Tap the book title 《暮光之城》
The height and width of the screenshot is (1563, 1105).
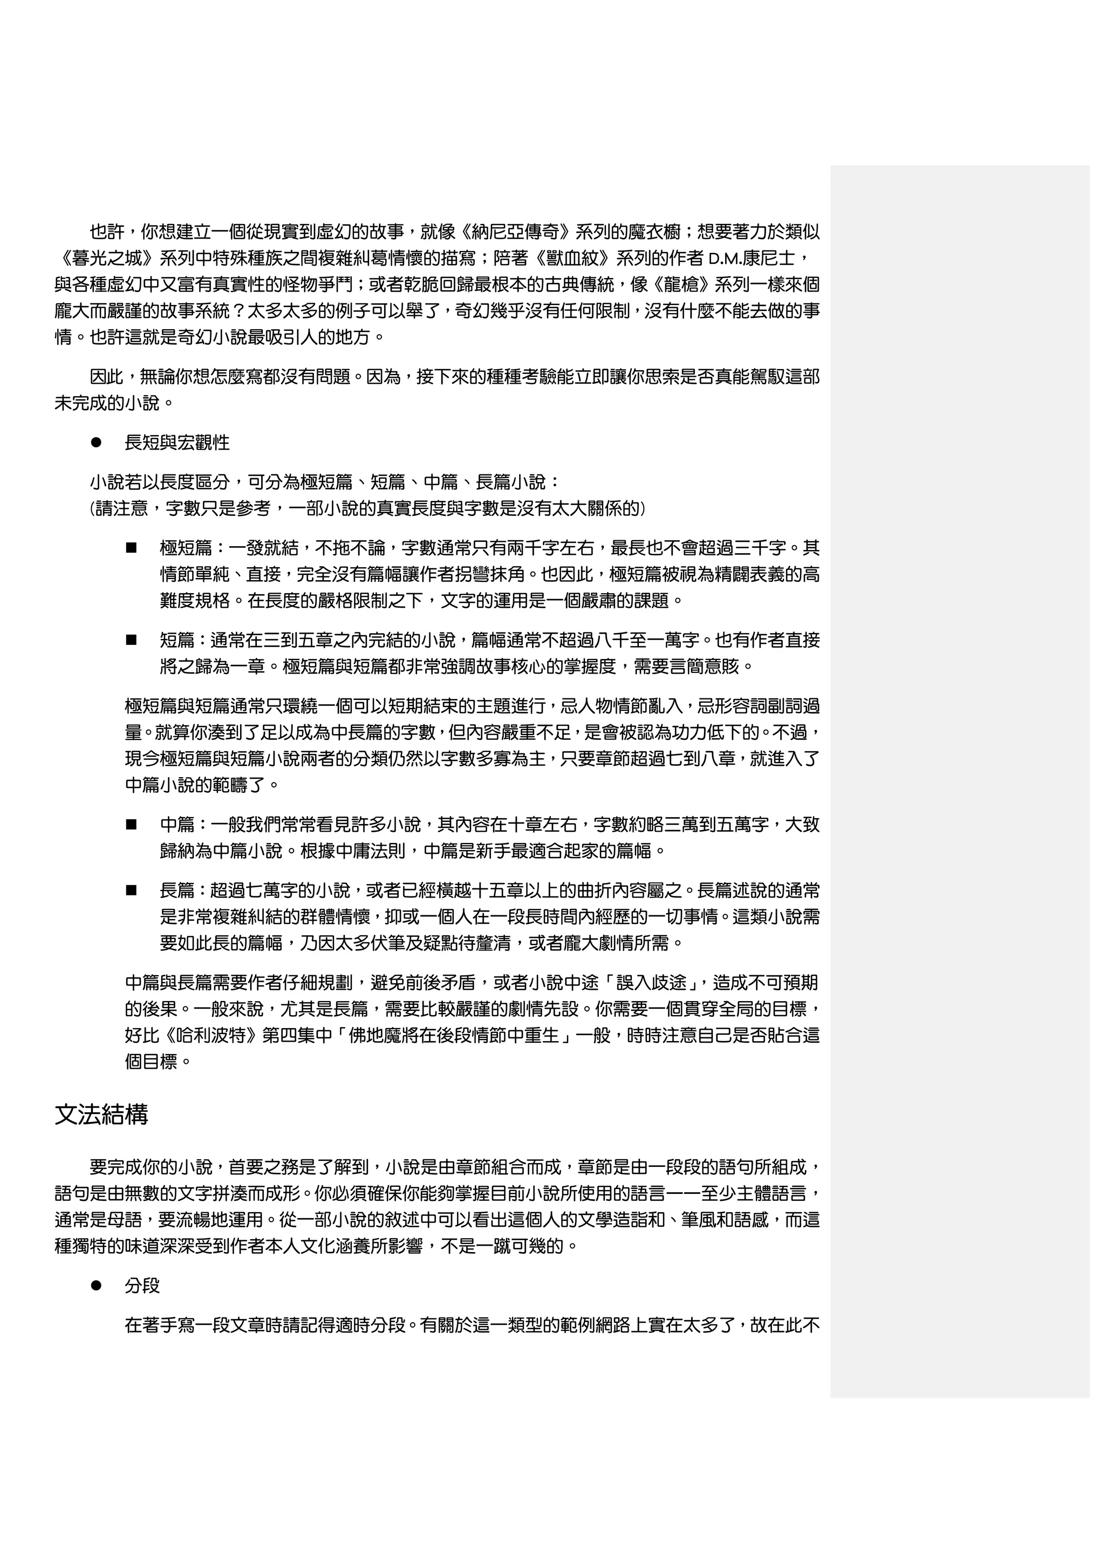(x=107, y=259)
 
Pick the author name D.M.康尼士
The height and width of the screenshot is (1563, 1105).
(x=751, y=259)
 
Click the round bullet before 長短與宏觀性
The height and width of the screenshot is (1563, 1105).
(x=96, y=443)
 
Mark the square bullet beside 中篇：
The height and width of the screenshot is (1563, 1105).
(x=131, y=825)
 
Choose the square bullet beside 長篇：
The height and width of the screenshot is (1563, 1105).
(x=131, y=891)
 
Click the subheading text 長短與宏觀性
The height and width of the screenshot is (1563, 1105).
(x=177, y=443)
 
